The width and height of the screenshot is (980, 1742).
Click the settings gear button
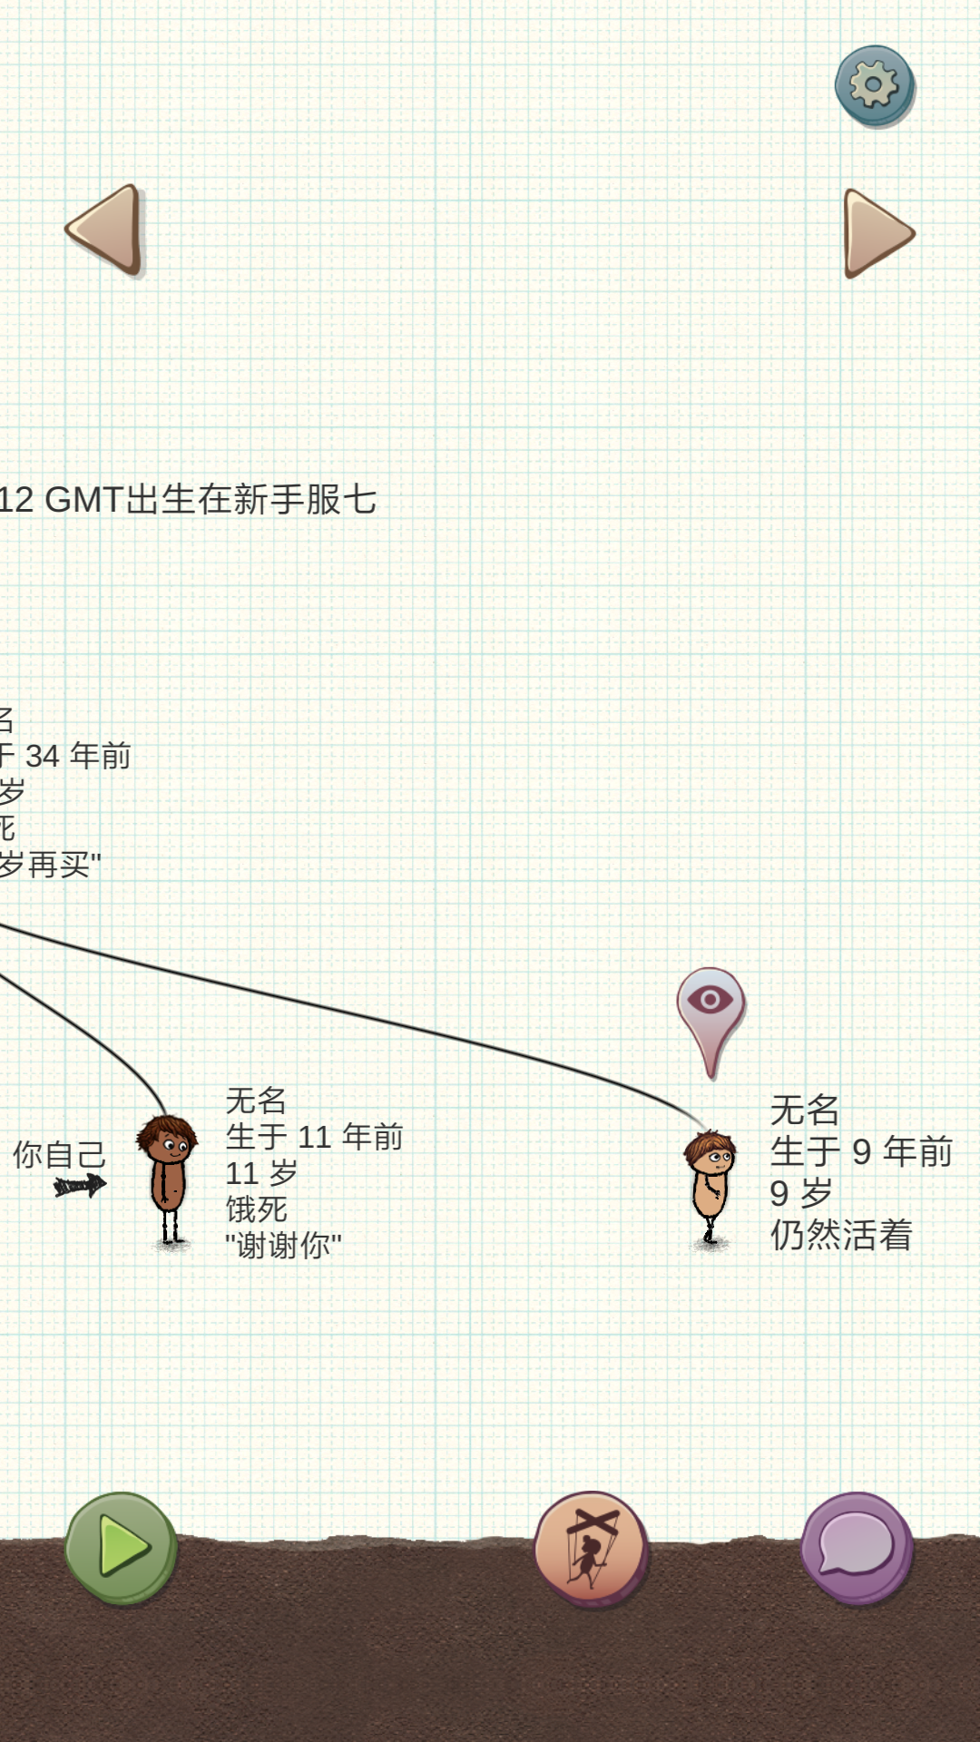click(x=874, y=85)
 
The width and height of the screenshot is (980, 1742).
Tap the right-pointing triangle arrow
click(x=875, y=233)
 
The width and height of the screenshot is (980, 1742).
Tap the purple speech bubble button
click(x=857, y=1547)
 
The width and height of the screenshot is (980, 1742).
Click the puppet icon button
click(x=591, y=1548)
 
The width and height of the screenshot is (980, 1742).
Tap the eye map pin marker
click(x=710, y=1008)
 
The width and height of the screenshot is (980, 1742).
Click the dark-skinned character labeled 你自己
click(x=168, y=1178)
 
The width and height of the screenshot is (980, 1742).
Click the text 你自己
click(x=60, y=1155)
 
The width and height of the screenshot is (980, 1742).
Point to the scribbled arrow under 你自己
click(x=80, y=1185)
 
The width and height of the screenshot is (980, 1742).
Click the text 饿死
click(x=256, y=1209)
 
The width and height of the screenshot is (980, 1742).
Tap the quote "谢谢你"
click(x=283, y=1246)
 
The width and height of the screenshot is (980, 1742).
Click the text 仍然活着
click(x=841, y=1235)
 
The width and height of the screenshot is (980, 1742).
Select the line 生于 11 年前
click(x=314, y=1137)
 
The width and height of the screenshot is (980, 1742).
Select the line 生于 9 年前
click(x=861, y=1151)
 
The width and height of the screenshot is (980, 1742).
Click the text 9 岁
click(x=800, y=1193)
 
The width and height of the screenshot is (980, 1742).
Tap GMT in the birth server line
click(x=83, y=500)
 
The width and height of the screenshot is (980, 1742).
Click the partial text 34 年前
click(x=77, y=756)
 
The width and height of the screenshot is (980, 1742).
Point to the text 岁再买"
click(x=50, y=865)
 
